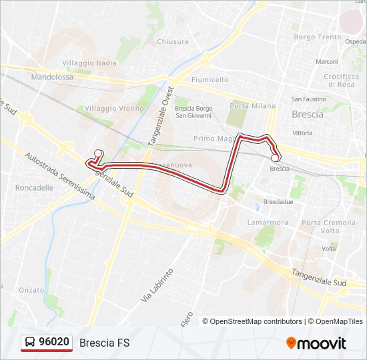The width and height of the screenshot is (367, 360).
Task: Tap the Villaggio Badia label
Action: [89, 63]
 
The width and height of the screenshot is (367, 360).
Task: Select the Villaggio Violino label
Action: [114, 108]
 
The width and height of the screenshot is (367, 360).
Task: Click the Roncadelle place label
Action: [34, 188]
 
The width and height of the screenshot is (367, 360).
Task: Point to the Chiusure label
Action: [173, 42]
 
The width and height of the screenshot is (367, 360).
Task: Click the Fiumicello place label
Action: [210, 79]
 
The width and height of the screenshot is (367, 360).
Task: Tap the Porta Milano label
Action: [252, 106]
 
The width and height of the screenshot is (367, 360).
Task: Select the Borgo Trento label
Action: [318, 37]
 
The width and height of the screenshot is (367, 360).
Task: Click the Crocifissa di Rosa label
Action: [341, 81]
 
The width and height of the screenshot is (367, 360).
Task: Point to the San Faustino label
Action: [308, 99]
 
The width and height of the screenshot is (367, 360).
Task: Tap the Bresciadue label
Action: [278, 201]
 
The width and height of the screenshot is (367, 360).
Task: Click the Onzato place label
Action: [31, 289]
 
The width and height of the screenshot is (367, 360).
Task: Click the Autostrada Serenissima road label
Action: [59, 177]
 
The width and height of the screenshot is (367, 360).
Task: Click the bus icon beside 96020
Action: [30, 343]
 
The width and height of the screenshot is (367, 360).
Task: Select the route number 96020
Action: [54, 343]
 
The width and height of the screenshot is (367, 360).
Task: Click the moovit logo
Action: [316, 343]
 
